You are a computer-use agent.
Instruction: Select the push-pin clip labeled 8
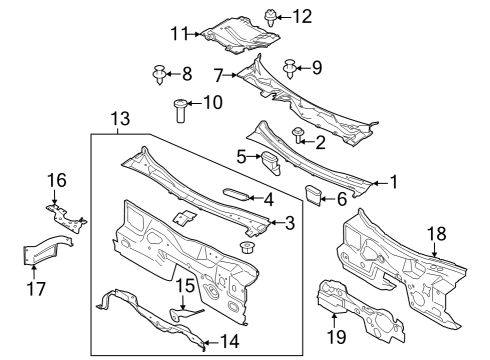[158, 72]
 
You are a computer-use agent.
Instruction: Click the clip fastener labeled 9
[289, 69]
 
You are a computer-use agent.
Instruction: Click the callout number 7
[219, 74]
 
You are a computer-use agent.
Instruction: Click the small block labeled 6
[312, 193]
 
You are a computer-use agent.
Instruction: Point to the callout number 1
[393, 182]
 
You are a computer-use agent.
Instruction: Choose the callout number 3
[289, 221]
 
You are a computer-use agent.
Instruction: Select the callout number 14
[229, 341]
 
